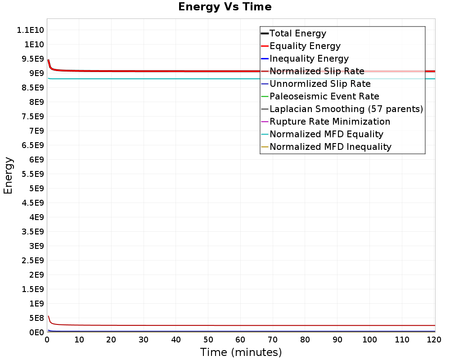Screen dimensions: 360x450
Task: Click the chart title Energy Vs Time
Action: [225, 7]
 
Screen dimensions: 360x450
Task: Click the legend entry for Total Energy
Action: [297, 33]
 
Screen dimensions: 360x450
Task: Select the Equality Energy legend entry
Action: [305, 46]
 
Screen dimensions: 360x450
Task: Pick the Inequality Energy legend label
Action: [309, 58]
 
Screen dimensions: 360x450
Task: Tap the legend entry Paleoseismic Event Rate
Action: [324, 96]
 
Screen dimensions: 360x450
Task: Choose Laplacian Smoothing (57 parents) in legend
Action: [346, 109]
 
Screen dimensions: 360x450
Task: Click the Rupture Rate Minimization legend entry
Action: [329, 121]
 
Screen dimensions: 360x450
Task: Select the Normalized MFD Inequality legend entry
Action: [330, 147]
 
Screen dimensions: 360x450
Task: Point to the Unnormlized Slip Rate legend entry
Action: [320, 84]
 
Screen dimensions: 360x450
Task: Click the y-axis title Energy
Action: [8, 175]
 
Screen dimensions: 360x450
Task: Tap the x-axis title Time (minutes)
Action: [241, 352]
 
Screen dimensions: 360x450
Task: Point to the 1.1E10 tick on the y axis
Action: [30, 30]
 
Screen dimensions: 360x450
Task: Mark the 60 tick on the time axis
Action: [241, 340]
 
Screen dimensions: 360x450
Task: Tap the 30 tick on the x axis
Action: [144, 340]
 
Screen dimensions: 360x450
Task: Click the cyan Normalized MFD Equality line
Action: [180, 79]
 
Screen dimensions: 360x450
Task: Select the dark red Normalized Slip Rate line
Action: [180, 325]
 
